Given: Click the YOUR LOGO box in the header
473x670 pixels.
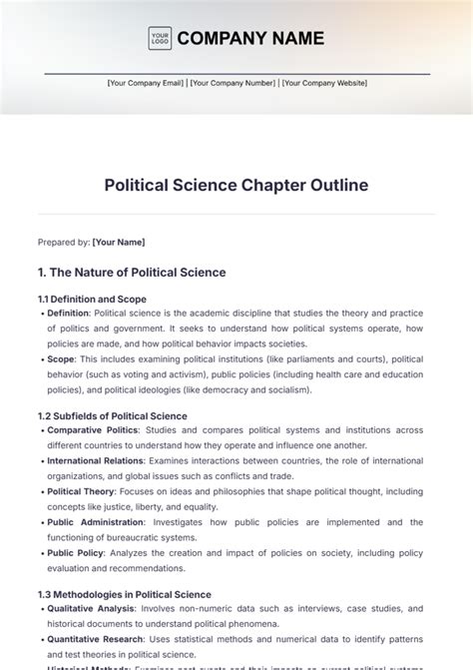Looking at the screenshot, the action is [159, 39].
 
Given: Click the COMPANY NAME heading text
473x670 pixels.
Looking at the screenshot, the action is [250, 39].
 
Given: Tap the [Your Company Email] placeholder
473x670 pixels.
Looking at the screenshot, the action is [146, 83].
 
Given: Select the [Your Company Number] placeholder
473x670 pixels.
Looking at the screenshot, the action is [233, 83].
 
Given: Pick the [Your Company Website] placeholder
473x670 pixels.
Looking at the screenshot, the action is [323, 83].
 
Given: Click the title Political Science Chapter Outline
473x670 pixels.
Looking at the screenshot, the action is [236, 185].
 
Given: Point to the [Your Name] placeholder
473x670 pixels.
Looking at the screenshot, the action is [119, 242].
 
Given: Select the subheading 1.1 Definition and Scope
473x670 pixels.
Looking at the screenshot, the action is [92, 299].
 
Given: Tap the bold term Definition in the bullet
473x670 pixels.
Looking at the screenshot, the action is [68, 313].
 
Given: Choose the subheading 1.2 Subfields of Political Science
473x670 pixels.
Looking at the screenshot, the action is [112, 415].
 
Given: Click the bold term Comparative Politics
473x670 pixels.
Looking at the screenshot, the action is [94, 429].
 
